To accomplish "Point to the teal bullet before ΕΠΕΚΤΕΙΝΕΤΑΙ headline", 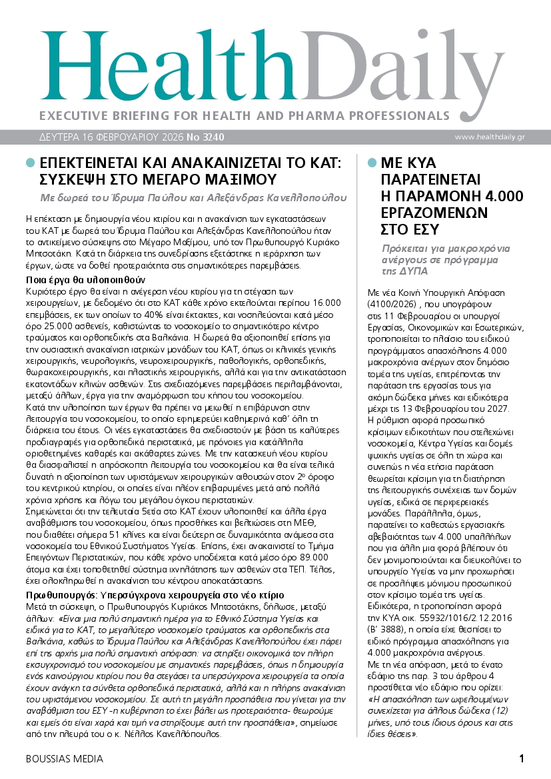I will [29, 163].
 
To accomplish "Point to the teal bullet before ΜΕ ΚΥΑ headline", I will [370, 163].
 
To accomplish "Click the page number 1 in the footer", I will [522, 759].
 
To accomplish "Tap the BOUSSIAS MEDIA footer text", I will [64, 759].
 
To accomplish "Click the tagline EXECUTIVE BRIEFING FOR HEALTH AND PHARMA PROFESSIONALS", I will [245, 115].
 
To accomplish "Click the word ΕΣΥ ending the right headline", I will [421, 229].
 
